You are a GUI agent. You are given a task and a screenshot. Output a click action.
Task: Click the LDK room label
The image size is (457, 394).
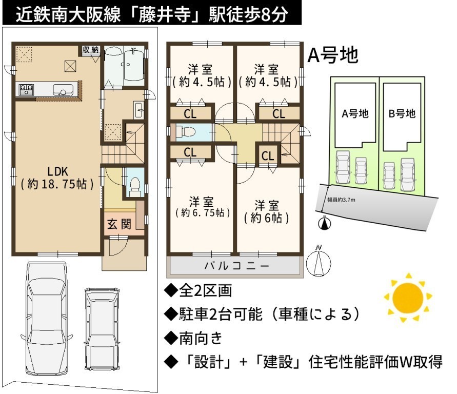point(58,171)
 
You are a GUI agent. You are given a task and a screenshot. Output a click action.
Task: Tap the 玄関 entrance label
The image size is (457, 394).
point(119,224)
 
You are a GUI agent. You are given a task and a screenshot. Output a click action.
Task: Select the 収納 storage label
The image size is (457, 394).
point(91,50)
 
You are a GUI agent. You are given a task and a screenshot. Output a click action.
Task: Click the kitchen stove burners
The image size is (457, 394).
point(26,89)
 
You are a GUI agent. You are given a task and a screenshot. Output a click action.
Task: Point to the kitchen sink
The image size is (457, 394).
point(63,89)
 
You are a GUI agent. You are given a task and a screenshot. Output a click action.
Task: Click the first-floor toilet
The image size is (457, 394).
point(135,187)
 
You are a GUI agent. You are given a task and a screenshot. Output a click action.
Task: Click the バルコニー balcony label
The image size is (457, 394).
point(236,266)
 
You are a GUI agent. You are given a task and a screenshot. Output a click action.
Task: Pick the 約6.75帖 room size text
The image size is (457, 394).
point(203,212)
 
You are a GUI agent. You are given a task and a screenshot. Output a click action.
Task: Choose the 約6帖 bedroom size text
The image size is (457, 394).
point(266,218)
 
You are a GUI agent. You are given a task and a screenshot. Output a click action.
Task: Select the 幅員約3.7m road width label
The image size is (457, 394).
point(341,200)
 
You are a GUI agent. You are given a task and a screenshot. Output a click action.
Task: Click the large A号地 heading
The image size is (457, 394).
point(333,55)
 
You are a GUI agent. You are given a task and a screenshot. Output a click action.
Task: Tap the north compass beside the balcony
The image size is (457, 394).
point(320,262)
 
